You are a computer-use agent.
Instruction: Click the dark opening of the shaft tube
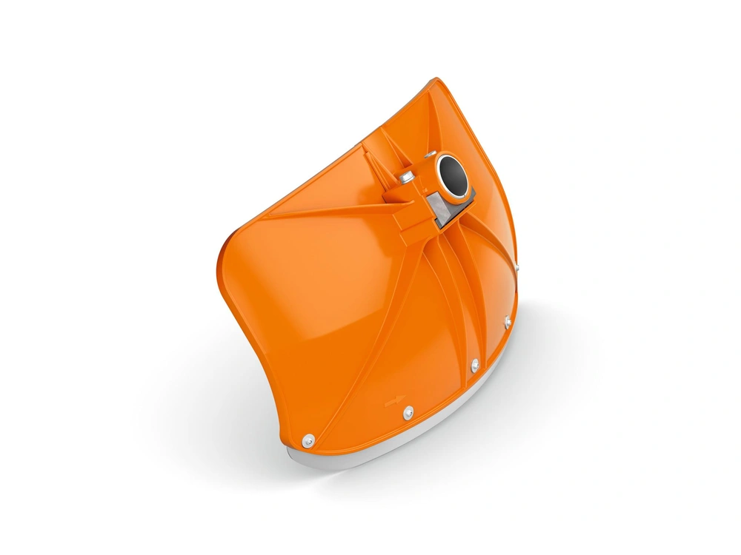pos(452,176)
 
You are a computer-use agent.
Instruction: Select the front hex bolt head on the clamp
pos(405,178)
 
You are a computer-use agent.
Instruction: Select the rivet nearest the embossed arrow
pos(407,411)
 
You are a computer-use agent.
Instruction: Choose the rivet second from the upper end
pos(508,320)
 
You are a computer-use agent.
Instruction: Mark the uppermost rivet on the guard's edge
pos(519,268)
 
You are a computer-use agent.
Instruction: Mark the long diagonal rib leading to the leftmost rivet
pos(356,340)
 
